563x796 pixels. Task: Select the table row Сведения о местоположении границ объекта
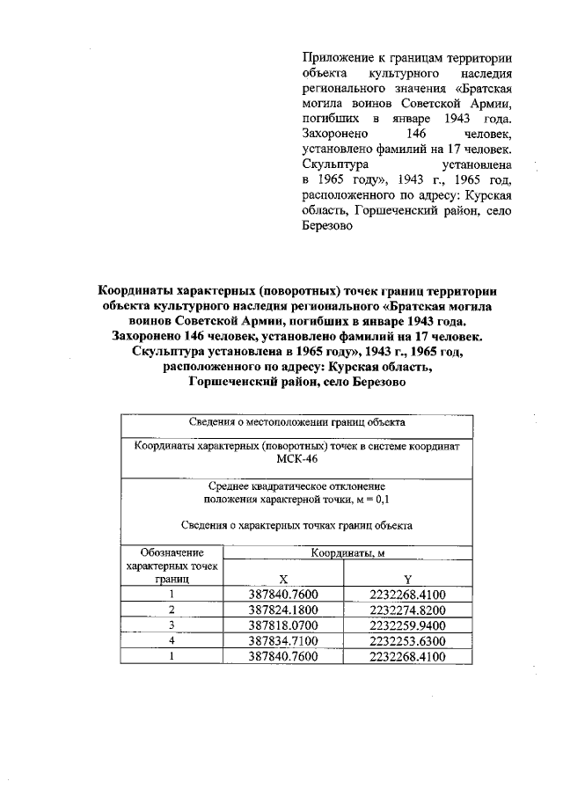pos(296,422)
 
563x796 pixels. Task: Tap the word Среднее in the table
pos(230,486)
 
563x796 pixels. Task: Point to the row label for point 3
pos(172,624)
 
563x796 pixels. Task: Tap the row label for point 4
pos(172,640)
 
